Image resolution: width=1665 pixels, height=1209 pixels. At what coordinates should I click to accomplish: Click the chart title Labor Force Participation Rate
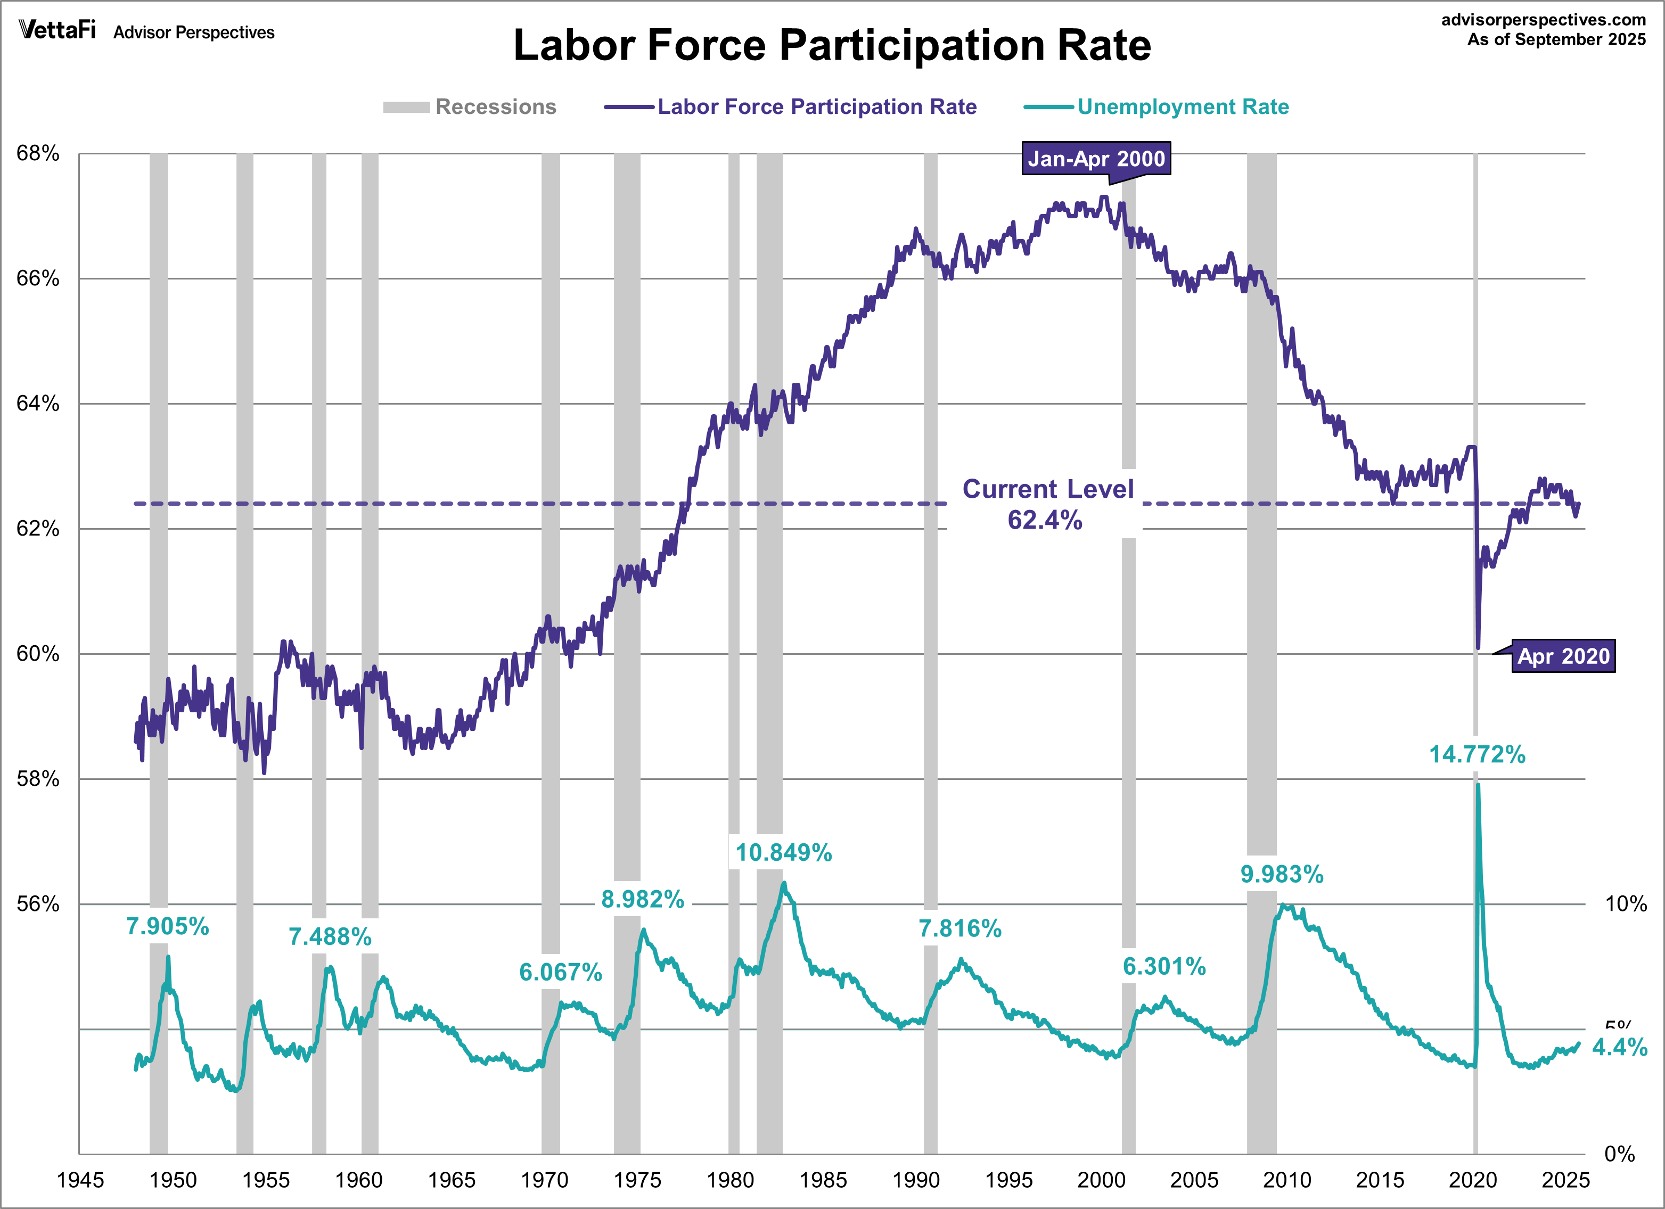point(831,45)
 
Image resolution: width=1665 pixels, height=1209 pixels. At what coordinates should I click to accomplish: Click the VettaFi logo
point(58,30)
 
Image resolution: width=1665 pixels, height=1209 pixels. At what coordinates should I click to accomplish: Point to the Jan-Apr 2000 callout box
point(1095,159)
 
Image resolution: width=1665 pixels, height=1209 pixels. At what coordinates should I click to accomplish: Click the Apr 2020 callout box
point(1563,656)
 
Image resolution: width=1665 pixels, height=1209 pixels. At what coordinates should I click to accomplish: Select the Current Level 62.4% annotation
point(1047,504)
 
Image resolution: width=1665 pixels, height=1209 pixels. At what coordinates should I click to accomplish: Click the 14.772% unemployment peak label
point(1477,754)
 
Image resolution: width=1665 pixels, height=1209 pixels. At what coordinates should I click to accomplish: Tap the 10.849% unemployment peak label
point(783,852)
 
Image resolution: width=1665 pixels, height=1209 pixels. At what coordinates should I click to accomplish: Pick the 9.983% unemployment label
point(1282,874)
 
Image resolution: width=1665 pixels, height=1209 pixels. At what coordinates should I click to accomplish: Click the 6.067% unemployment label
point(560,972)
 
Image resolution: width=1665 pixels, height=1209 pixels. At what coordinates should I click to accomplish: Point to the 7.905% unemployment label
point(167,926)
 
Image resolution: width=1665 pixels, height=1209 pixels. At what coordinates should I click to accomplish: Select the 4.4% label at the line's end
point(1619,1048)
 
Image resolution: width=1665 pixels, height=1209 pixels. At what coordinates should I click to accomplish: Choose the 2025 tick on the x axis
point(1565,1180)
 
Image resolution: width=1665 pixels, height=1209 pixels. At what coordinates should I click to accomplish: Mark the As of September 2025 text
point(1556,39)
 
